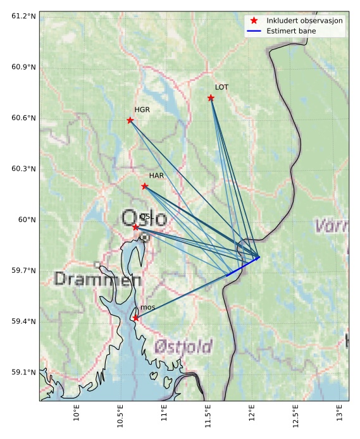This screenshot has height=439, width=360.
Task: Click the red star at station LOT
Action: coord(211,98)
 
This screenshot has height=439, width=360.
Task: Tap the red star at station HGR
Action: coord(130,120)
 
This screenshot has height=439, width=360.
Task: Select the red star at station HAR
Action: coord(145,186)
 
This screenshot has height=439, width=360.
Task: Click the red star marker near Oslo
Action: coord(135,226)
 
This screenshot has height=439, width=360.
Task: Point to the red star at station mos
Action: coord(135,318)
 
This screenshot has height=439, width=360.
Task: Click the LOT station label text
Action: coord(221,87)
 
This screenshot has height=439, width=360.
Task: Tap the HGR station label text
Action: coord(142,110)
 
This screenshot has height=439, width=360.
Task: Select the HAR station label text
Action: coord(156,175)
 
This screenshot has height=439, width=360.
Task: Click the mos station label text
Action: coord(147,307)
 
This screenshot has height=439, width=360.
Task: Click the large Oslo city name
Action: coord(144,219)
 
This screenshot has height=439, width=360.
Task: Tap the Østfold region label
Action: coord(183,346)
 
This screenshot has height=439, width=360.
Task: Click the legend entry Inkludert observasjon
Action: coord(304,21)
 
